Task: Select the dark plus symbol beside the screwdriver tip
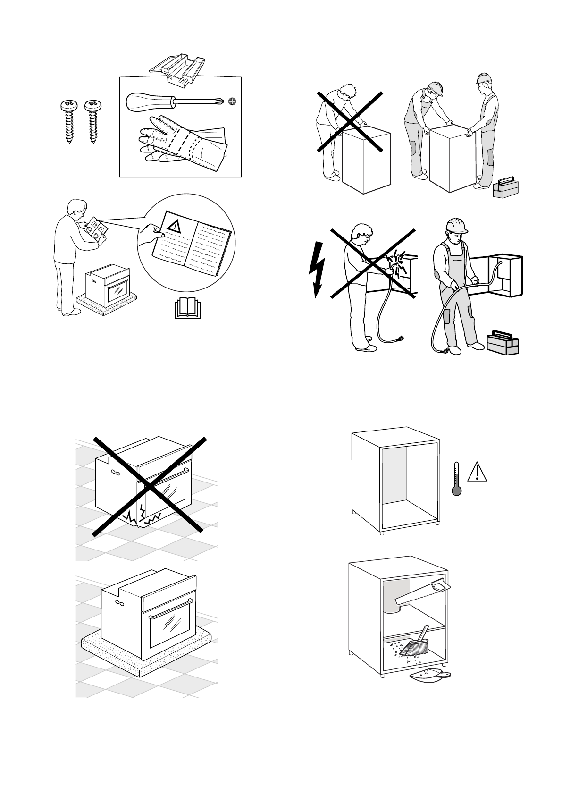(x=232, y=101)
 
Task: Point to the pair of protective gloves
(x=182, y=144)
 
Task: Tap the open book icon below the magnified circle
(x=188, y=308)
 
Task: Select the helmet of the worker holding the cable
(x=457, y=225)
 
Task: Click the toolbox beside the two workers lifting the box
(x=505, y=187)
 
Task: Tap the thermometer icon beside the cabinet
(x=456, y=479)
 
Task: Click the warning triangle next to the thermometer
(x=477, y=472)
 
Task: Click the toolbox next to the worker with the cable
(x=503, y=342)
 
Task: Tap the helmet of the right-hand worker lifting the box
(x=483, y=78)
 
